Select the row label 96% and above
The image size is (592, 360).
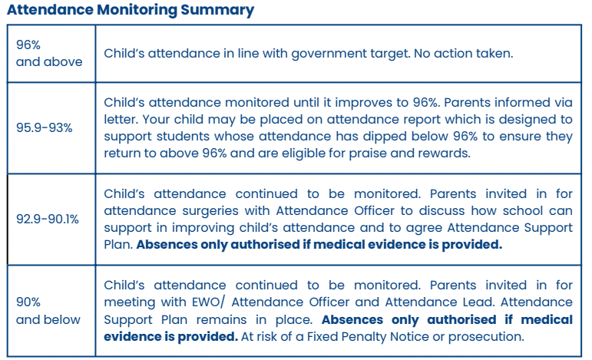(49, 53)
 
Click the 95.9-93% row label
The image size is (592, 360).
(45, 128)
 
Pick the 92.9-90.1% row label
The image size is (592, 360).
(48, 219)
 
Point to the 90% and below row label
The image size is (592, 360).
(49, 310)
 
